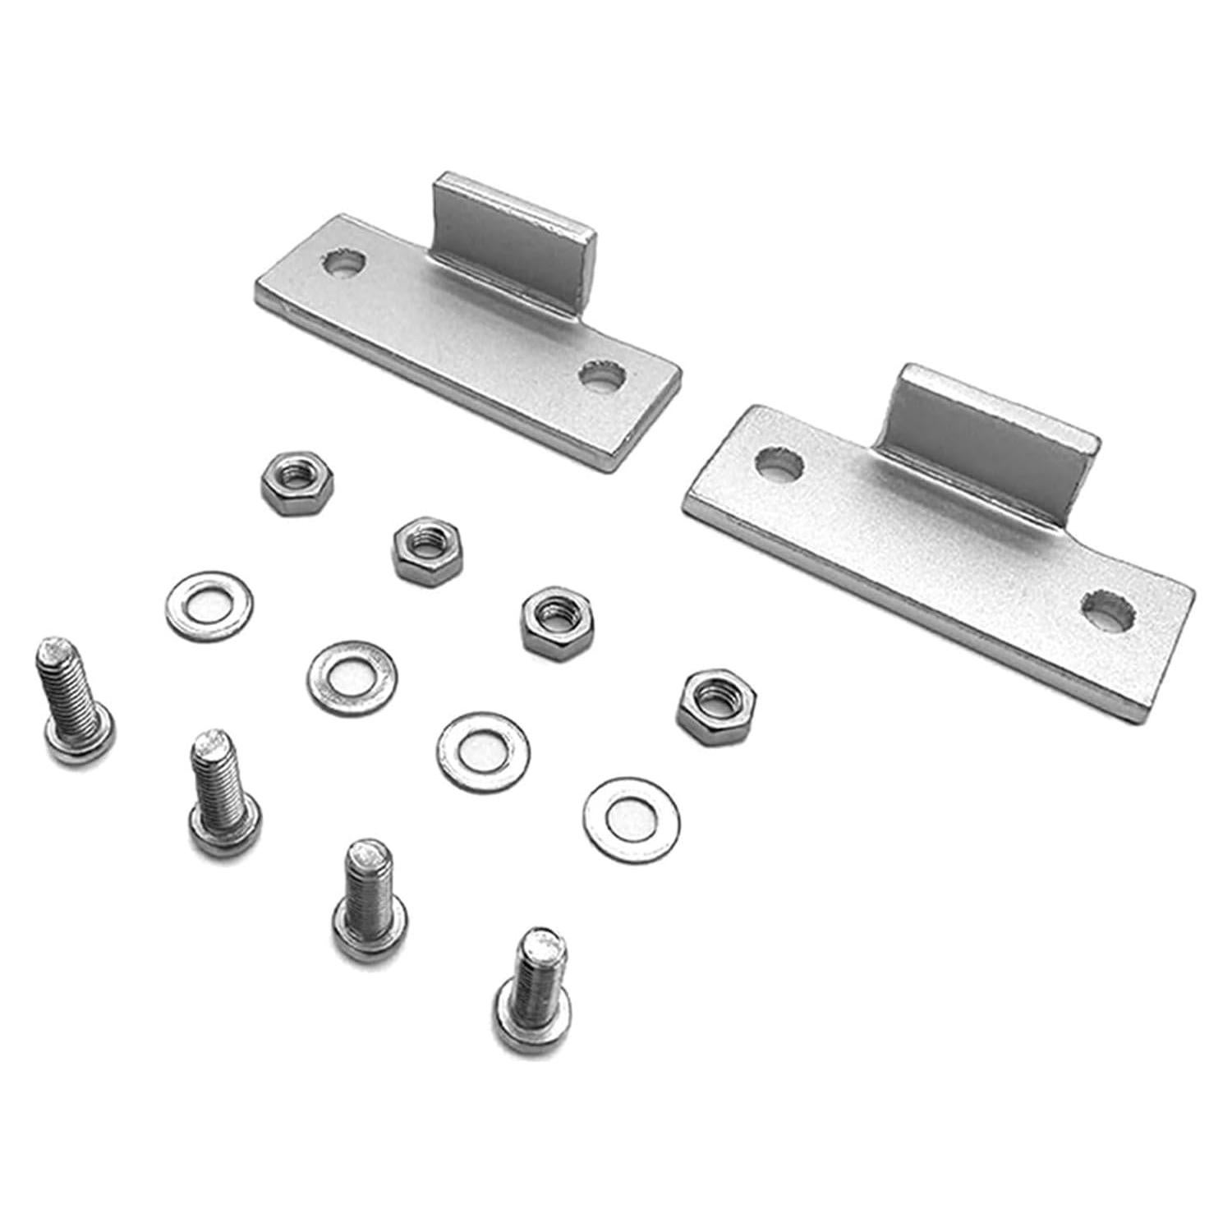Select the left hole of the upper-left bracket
[344, 264]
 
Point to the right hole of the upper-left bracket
[602, 376]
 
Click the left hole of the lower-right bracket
[779, 464]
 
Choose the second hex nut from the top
[428, 548]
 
